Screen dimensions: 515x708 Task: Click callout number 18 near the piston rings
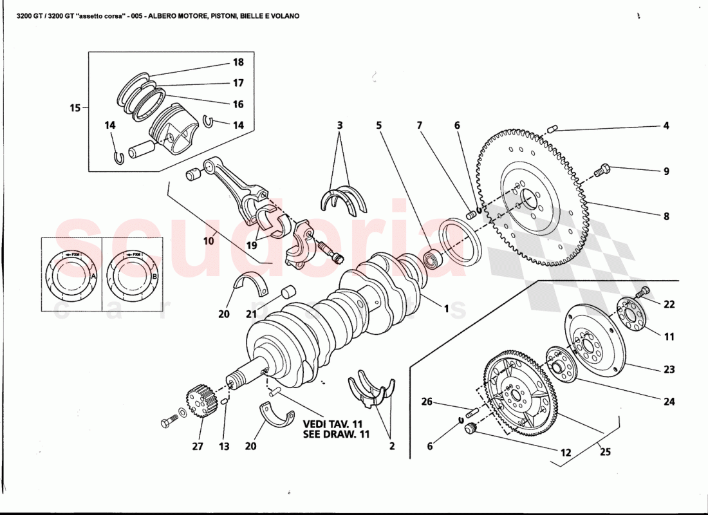238,62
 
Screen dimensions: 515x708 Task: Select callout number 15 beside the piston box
75,108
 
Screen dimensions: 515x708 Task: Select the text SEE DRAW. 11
336,435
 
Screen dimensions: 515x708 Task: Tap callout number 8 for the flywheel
666,217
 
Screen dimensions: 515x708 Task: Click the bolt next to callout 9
601,170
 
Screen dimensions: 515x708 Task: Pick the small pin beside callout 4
553,129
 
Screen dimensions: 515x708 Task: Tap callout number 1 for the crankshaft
445,309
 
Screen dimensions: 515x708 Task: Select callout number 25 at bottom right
605,452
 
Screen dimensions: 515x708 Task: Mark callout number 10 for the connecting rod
209,241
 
